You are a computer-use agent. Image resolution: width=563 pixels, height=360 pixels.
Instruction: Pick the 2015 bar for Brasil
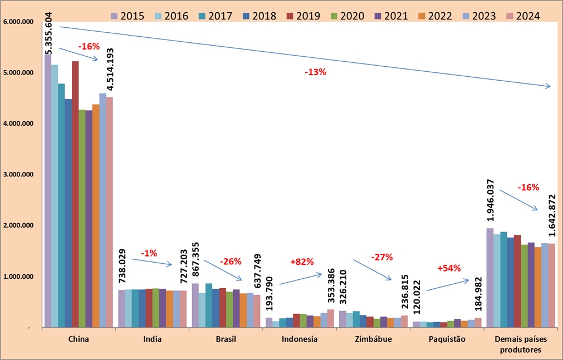[195, 305]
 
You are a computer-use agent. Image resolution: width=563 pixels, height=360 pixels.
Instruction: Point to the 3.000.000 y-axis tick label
[18, 174]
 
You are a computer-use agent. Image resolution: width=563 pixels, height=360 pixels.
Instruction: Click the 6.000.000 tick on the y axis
[18, 22]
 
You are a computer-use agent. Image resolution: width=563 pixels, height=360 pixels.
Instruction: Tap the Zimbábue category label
[373, 338]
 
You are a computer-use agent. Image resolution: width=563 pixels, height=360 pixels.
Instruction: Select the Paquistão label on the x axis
[447, 338]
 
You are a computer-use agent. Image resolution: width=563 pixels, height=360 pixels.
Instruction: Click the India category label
[152, 338]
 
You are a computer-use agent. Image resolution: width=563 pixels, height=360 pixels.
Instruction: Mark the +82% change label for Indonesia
[302, 262]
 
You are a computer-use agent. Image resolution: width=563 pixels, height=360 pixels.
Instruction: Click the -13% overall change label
[315, 72]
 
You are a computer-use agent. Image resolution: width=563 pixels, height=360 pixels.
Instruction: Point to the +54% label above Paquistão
[449, 268]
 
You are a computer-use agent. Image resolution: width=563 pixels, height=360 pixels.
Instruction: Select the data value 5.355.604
[48, 32]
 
